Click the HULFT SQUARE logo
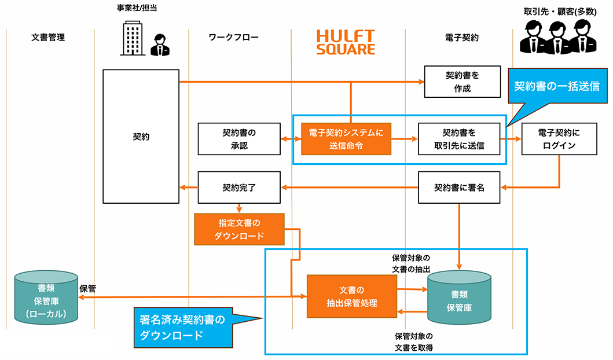coord(346,42)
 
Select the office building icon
coord(133,39)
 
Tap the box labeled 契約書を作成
coord(462,82)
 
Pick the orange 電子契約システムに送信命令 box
coord(346,139)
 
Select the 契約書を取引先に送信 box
coord(458,139)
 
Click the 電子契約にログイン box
coord(559,139)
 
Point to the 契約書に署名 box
coord(458,188)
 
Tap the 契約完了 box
coord(238,188)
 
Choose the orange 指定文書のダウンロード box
coord(240,229)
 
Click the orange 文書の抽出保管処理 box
coord(351,296)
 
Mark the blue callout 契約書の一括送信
coord(556,86)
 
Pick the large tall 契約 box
coord(141,137)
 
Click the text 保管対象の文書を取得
coord(414,341)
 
